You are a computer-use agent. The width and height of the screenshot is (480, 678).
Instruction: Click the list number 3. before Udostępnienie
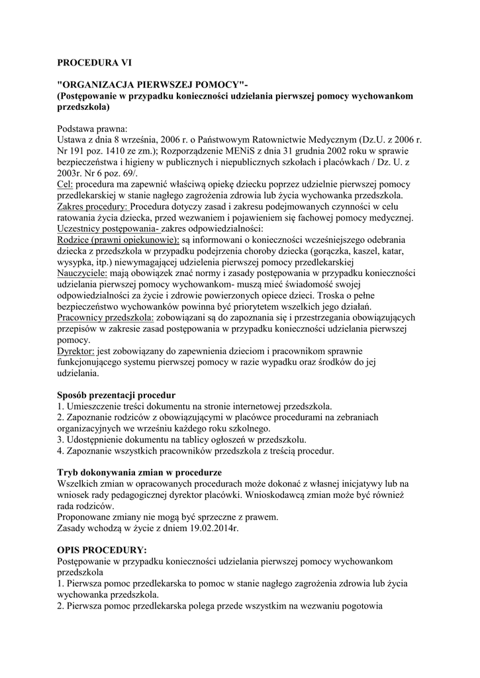click(61, 440)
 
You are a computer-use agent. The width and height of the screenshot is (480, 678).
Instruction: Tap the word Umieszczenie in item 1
click(92, 406)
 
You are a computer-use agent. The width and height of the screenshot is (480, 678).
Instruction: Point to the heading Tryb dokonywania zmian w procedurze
click(139, 473)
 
